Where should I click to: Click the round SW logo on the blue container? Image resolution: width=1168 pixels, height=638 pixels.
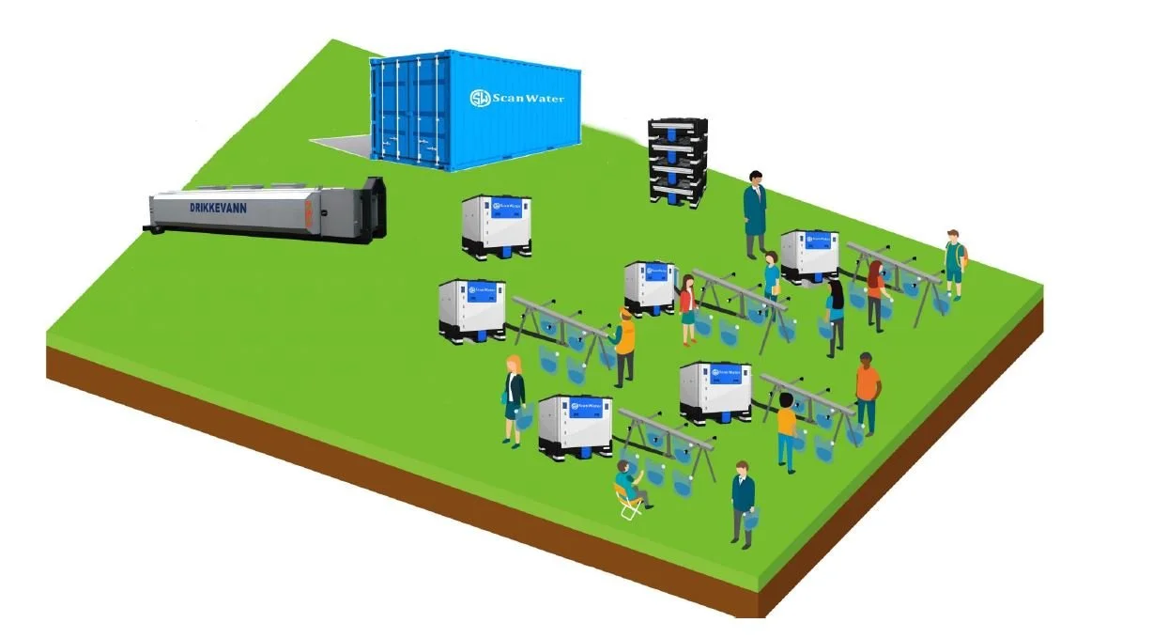(x=480, y=98)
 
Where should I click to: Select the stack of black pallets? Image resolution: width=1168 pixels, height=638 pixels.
(x=677, y=161)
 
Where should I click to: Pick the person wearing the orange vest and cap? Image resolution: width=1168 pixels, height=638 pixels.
(x=624, y=344)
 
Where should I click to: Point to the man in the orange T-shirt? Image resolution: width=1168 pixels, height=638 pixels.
(x=867, y=393)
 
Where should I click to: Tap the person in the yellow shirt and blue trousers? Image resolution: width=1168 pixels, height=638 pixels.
(x=787, y=430)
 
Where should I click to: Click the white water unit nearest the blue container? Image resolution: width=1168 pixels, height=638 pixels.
(x=497, y=226)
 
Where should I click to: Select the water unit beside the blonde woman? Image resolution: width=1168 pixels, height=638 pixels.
(x=575, y=426)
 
